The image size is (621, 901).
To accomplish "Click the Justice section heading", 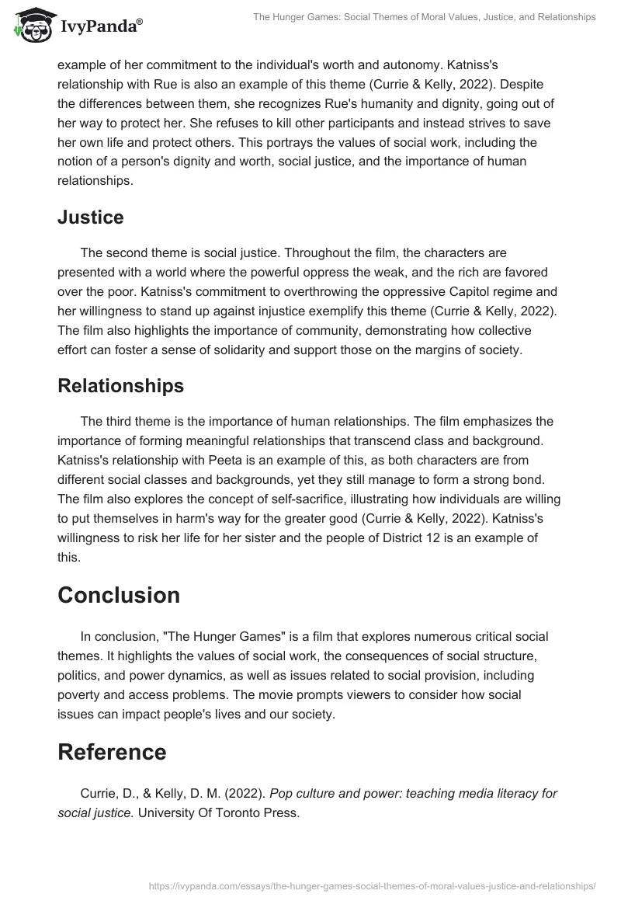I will [90, 217].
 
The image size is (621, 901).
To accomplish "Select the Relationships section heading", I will [121, 386].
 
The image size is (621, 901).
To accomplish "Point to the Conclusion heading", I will [119, 595].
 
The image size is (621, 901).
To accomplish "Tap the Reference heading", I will [112, 752].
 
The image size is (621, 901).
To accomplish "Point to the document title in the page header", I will [425, 16].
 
